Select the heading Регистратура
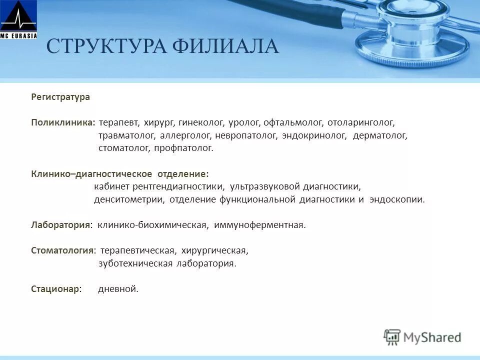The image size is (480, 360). [x=60, y=97]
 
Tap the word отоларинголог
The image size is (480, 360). [x=361, y=122]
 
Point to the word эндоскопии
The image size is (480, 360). [x=397, y=199]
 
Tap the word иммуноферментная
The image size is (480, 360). [x=259, y=225]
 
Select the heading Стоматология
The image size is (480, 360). [x=63, y=250]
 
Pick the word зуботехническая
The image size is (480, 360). [x=135, y=263]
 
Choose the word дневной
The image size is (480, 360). [x=118, y=289]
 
